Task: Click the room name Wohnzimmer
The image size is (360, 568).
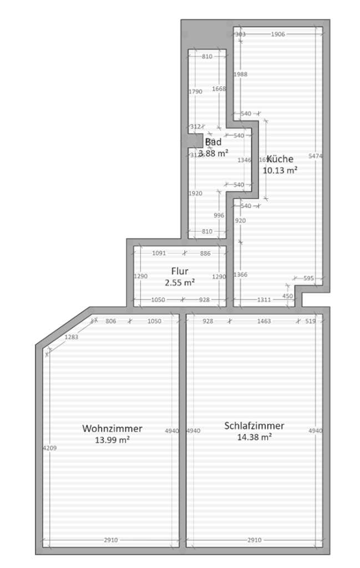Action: (x=112, y=428)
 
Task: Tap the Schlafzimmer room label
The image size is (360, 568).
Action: (x=254, y=425)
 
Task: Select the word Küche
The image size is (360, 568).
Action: (x=280, y=159)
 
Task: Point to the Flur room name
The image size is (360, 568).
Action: (x=180, y=271)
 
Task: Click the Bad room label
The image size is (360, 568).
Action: (x=214, y=142)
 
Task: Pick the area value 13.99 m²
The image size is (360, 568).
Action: (x=112, y=440)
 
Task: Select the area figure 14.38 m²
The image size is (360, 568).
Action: (x=254, y=437)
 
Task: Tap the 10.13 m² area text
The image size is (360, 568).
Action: (x=280, y=170)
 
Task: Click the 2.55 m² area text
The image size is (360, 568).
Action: (x=180, y=282)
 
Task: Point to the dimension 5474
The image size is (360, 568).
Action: (x=315, y=156)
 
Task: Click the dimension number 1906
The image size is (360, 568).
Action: (x=278, y=34)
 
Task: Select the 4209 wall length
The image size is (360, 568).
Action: (x=49, y=448)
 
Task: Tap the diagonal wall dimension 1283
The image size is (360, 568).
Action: (x=71, y=337)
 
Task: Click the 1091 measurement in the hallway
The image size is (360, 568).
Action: (x=159, y=253)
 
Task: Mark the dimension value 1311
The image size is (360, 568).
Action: (x=264, y=300)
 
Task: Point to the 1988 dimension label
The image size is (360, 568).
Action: (x=240, y=74)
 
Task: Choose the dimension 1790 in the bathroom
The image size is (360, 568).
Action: (x=195, y=92)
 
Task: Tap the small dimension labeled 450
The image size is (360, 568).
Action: (x=287, y=296)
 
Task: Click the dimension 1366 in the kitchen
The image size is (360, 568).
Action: (x=240, y=275)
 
